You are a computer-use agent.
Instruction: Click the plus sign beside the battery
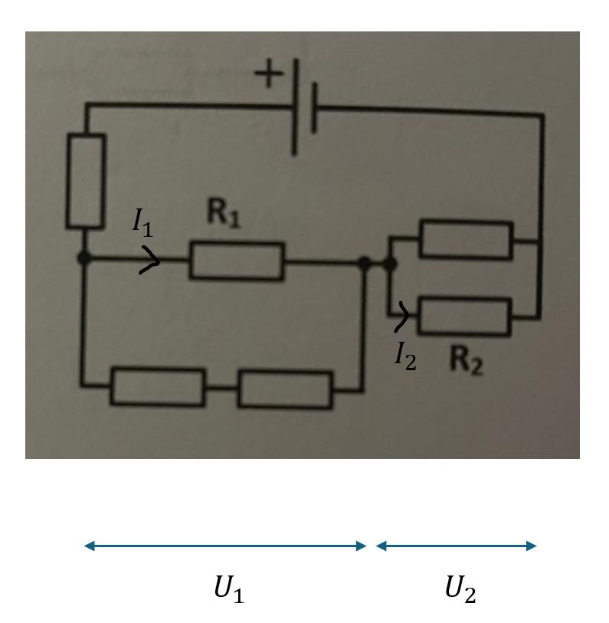coord(269,74)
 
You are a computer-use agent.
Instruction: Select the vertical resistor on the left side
coord(86,182)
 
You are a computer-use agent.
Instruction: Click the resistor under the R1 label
coord(237,261)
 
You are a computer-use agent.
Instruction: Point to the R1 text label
coord(224,214)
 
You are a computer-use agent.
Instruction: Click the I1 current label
coord(142,221)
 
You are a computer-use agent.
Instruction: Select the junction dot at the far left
coord(84,259)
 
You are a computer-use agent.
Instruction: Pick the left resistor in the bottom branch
coord(159,387)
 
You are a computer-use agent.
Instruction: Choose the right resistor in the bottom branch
coord(285,389)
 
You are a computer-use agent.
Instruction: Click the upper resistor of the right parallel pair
coord(466,240)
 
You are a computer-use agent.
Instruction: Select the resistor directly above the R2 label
coord(464,316)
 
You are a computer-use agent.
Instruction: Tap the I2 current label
coord(405,356)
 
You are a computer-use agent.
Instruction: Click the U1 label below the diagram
coord(228,589)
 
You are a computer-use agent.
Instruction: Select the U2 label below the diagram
coord(460,589)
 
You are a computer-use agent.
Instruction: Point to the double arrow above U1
coord(225,546)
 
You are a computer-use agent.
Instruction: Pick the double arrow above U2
coord(457,546)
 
